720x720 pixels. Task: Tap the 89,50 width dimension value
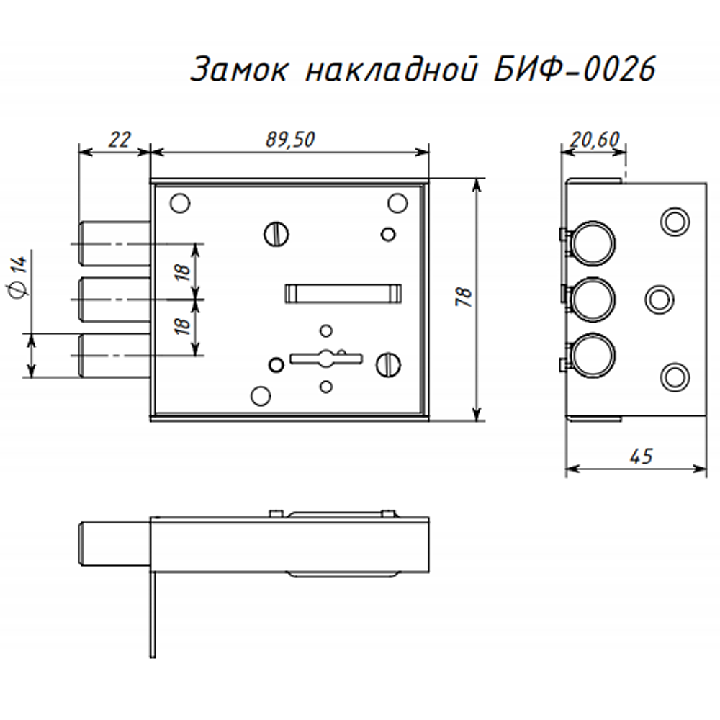289,140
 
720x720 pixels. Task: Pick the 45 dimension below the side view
639,456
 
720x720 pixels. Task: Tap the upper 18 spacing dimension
184,271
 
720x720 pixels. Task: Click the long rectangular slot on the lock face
343,292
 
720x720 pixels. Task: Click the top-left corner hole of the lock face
180,203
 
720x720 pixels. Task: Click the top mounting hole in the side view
675,220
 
